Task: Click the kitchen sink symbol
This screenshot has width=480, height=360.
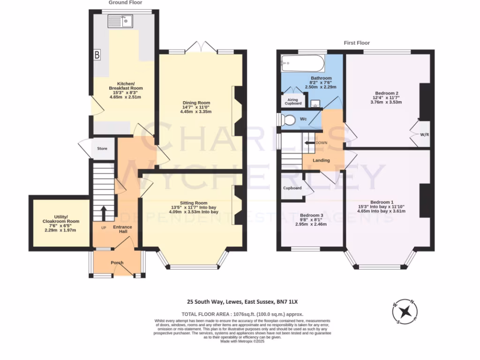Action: [120, 21]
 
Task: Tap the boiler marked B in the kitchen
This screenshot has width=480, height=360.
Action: [97, 55]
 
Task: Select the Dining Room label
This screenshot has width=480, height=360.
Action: [196, 103]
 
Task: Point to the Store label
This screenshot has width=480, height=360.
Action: [102, 149]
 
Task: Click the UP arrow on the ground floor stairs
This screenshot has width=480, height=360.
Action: [103, 214]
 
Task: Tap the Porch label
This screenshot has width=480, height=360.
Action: [117, 262]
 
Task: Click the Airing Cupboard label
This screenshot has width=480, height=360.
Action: [293, 101]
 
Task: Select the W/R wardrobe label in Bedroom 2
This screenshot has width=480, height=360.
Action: [424, 135]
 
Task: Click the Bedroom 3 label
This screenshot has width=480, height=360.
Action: [312, 216]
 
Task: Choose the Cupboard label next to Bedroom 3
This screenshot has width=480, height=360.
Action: [292, 188]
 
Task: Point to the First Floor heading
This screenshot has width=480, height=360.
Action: [356, 42]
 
